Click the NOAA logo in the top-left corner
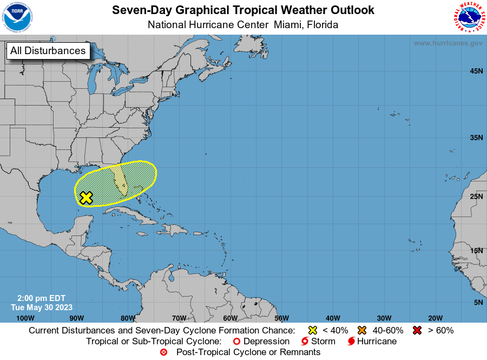pos(17,17)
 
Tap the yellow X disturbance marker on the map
pos(85,198)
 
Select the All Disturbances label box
pos(48,51)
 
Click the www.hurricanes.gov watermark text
pos(448,43)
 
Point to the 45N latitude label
pos(476,71)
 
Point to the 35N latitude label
pos(476,138)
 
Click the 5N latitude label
pos(478,303)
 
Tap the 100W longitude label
pos(25,318)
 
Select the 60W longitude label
pos(230,318)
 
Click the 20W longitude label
pos(435,318)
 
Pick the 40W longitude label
pos(333,318)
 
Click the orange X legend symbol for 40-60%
pos(363,330)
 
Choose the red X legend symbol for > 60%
pos(417,330)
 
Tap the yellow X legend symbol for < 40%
pos(312,330)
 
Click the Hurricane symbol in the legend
pos(352,342)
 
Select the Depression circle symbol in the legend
pos(236,342)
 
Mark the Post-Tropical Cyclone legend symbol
pos(164,352)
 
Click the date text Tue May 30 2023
pos(41,307)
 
